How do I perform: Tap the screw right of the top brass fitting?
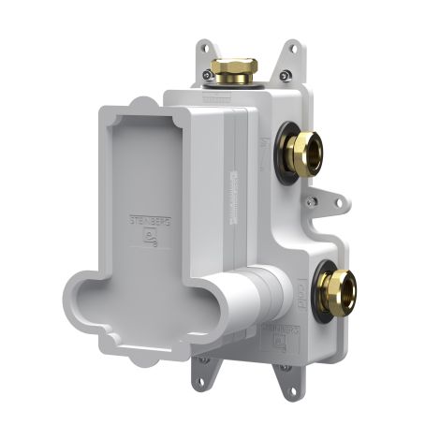point(286,77)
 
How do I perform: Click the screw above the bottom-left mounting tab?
point(203,359)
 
